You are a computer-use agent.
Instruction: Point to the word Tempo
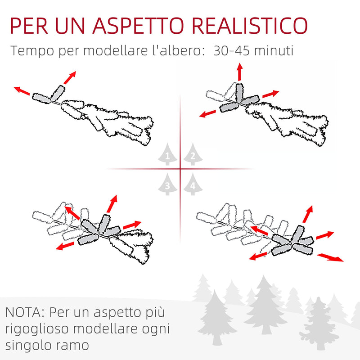[x=30, y=50]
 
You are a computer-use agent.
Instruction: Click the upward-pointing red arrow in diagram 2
[x=239, y=72]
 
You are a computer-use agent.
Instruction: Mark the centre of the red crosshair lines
[x=180, y=169]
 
